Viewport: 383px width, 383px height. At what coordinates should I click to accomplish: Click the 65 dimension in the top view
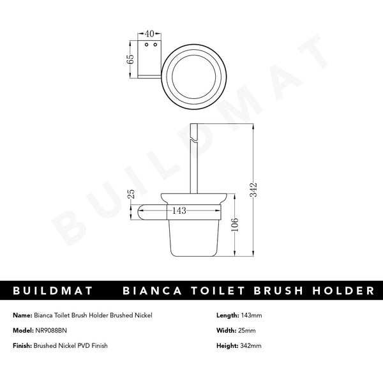(130, 59)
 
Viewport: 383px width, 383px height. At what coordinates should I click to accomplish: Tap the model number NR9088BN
(52, 330)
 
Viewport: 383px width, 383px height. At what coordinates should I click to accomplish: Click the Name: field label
(22, 315)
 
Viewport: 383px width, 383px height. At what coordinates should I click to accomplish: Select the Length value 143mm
(252, 315)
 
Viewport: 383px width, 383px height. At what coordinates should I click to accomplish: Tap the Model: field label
(24, 330)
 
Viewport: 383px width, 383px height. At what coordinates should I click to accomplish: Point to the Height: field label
(227, 345)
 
